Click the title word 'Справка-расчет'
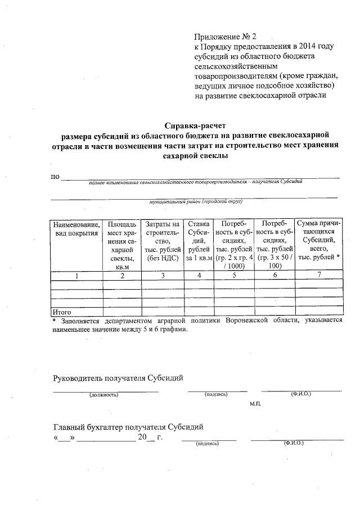195,125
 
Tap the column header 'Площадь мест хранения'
122,245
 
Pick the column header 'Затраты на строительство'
163,241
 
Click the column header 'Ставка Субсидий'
199,241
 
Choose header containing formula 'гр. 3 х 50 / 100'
274,245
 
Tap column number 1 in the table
76,276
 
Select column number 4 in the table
199,276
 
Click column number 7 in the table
319,276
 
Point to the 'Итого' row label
61,311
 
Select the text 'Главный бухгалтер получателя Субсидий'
128,427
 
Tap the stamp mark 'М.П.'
255,404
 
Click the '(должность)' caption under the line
103,395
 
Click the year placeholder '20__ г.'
150,437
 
